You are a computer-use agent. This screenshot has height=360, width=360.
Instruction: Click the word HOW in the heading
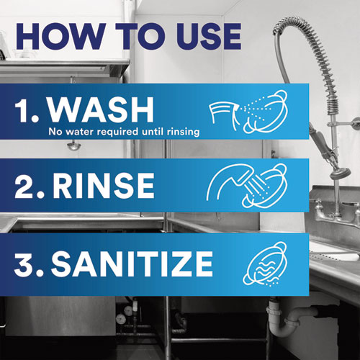tap(60, 37)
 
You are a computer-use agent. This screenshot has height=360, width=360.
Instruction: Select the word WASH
tap(101, 110)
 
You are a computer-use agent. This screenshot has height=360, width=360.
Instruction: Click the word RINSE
tap(104, 186)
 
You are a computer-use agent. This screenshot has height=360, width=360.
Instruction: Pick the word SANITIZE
tap(132, 264)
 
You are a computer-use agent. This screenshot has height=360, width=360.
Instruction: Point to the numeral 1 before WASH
tap(24, 110)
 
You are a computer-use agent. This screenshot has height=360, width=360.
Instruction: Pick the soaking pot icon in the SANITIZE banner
tap(265, 264)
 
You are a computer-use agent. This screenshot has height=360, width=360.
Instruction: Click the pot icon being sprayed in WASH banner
tap(266, 112)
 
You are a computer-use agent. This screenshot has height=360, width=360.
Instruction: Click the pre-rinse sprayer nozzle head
tap(341, 174)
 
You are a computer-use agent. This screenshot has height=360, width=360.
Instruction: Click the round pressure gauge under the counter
tap(121, 319)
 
